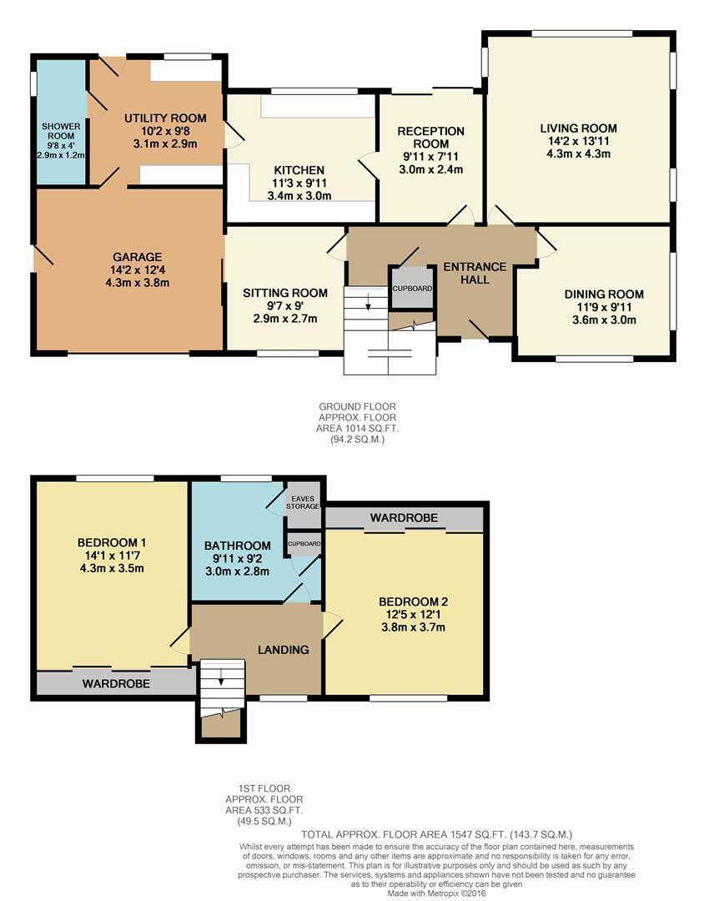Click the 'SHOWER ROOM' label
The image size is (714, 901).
click(x=61, y=132)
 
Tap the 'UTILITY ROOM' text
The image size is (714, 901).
click(x=165, y=118)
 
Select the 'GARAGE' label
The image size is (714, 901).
click(x=138, y=257)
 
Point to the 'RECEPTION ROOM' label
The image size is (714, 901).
click(x=430, y=137)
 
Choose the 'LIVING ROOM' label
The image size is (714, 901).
click(x=578, y=128)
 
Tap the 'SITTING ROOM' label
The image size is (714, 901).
click(x=284, y=293)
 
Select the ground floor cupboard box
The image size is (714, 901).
click(x=413, y=288)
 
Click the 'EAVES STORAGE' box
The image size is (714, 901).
click(x=302, y=501)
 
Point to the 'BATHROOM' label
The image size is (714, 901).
click(x=238, y=546)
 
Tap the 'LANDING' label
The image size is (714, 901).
click(x=283, y=649)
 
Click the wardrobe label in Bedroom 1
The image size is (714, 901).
click(x=116, y=683)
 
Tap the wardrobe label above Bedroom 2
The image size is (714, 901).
click(x=404, y=518)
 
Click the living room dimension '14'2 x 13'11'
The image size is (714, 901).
click(x=578, y=141)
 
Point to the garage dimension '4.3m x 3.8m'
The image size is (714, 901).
click(x=138, y=282)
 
